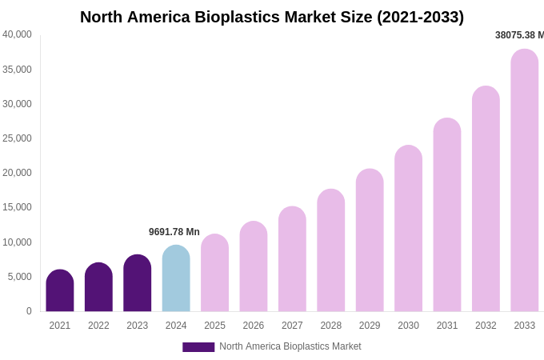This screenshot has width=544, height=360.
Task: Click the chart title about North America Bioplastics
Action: coord(271,17)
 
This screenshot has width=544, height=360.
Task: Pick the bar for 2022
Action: coord(98,287)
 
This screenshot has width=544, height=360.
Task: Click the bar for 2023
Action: coord(138,283)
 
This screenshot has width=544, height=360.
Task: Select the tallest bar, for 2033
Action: coord(524,180)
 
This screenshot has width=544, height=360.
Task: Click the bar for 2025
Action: coord(214,273)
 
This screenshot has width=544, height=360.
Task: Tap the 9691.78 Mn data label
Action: coord(174,232)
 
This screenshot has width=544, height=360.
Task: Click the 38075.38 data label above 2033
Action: coord(519,35)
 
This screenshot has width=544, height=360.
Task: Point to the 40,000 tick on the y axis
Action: coord(17,34)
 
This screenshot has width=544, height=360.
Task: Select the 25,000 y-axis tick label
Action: coord(17,138)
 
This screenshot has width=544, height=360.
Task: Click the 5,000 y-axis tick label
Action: coord(19,277)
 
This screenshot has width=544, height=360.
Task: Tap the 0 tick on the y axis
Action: coord(29,311)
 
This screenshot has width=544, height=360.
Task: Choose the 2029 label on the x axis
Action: coord(370,326)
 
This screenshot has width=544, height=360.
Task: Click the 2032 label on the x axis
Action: coord(486,326)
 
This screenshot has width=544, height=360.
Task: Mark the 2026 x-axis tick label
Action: coord(254,326)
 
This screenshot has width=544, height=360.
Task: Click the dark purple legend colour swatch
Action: coord(198,347)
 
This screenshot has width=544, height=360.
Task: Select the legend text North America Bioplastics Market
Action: coord(290,346)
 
